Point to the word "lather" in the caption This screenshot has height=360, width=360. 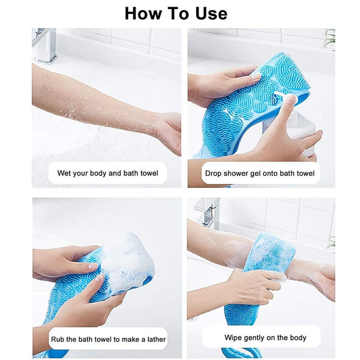[x=153, y=339]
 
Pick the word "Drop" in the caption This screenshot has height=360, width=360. [x=214, y=173]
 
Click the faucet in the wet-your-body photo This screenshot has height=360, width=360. [x=44, y=45]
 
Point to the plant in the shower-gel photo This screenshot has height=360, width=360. [x=329, y=38]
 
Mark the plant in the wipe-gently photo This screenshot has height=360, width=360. [x=331, y=244]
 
